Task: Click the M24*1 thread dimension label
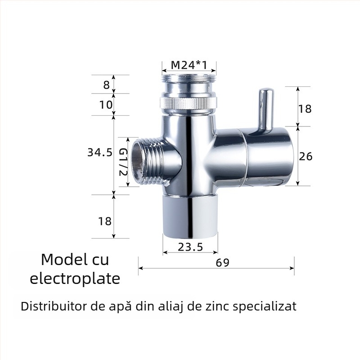coord(189,65)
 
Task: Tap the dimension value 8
coord(106,85)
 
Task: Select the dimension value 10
coord(106,105)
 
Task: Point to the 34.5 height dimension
coord(100,152)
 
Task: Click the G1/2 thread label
coord(123,162)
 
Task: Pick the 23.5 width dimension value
coord(190,247)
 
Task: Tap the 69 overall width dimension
coord(222,263)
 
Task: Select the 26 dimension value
coord(306,156)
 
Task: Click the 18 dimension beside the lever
coord(305,108)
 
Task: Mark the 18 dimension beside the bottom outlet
coord(105,221)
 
